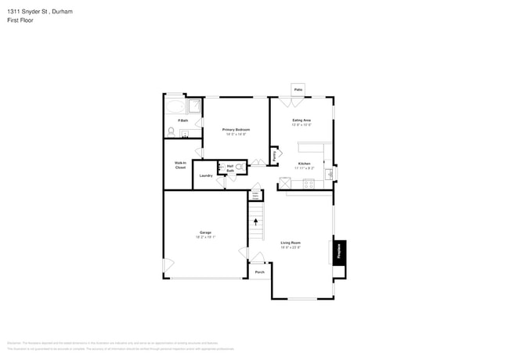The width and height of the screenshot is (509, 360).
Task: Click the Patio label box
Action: tap(298, 90)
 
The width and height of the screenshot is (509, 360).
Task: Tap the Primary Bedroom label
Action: tap(234, 131)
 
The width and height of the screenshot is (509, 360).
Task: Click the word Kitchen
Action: tap(304, 165)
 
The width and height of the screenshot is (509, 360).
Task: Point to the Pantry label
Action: tap(274, 156)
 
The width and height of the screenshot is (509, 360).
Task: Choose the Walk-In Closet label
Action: tap(180, 165)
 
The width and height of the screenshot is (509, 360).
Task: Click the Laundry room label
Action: tap(206, 175)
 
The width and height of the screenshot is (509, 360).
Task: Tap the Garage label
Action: tap(205, 233)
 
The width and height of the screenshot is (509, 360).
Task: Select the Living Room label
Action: tap(291, 243)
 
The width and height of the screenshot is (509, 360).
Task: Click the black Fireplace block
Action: tap(339, 251)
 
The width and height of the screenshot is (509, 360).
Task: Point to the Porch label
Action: tap(259, 272)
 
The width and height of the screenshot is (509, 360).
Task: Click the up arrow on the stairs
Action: tap(255, 222)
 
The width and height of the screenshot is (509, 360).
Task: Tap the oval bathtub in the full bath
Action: tap(174, 107)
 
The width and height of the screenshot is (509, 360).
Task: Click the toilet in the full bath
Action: tap(170, 131)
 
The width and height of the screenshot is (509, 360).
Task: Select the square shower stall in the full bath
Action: tap(193, 106)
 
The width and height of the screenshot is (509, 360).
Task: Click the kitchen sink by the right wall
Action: tap(330, 174)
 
